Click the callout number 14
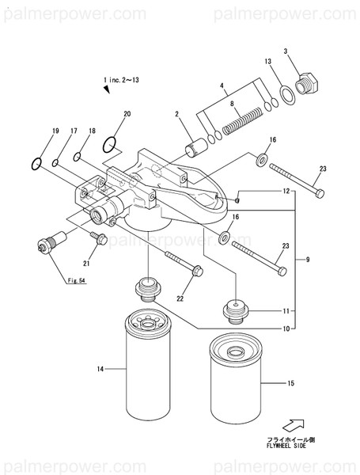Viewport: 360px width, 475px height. point(100,368)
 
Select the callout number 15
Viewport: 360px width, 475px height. point(290,384)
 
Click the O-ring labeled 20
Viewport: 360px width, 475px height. point(112,144)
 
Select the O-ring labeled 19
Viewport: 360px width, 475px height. point(36,164)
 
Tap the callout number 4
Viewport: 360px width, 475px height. point(222,85)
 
